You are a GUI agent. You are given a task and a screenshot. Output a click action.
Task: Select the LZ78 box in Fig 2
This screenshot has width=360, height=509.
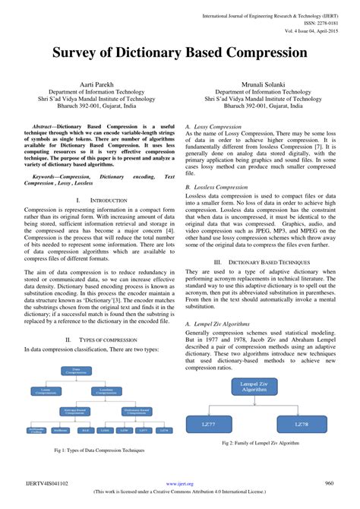coord(302,423)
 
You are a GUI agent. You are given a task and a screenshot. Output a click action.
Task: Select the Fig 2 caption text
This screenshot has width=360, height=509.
coord(260,442)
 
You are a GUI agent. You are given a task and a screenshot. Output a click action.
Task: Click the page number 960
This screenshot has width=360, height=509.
coord(330,483)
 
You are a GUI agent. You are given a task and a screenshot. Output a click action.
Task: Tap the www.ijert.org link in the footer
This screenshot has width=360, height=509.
coord(179,484)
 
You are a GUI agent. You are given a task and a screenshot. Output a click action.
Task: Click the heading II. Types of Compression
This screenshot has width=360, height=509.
coord(90,340)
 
